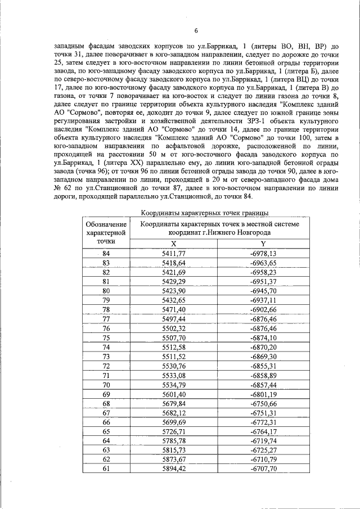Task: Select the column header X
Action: pos(173,243)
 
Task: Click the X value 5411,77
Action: pos(173,254)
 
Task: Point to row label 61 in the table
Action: pos(106,469)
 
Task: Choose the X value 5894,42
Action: pos(173,469)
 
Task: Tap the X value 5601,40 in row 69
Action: pos(173,394)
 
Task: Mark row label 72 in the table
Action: pos(106,366)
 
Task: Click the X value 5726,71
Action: pos(173,431)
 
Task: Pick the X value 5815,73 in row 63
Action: pos(173,450)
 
